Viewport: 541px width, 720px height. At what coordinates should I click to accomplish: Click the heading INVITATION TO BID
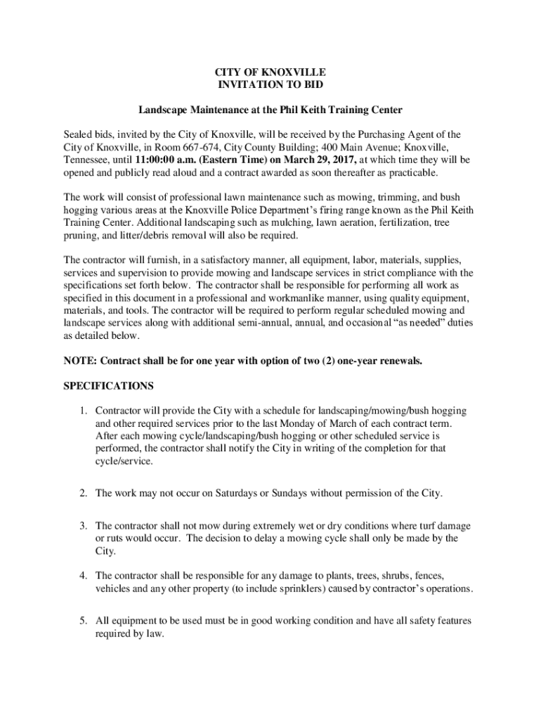coord(270,84)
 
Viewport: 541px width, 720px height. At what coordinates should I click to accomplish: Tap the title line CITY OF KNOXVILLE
coord(270,72)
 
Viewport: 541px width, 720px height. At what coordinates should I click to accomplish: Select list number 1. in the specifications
coord(83,411)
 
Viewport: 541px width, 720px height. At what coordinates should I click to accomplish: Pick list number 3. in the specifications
coord(83,526)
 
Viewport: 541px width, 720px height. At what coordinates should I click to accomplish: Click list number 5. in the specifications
coord(83,621)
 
